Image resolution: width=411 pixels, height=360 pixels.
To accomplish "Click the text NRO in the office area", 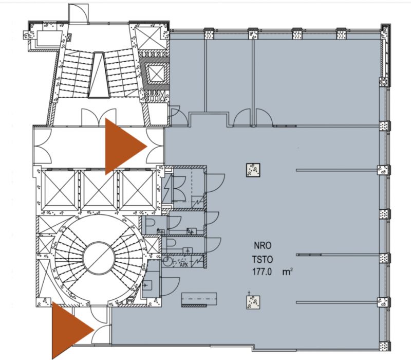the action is [263, 246].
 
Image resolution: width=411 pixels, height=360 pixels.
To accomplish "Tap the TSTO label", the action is [263, 260].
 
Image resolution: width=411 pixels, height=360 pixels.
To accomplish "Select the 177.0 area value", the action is [261, 272].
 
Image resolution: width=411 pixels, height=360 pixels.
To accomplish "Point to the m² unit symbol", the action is [288, 272].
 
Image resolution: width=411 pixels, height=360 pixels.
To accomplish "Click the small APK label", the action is [184, 265].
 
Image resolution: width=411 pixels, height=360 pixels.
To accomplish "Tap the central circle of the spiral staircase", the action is [99, 258].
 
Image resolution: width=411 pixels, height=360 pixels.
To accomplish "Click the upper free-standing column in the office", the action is [253, 170].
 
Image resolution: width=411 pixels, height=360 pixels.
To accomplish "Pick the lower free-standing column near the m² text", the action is [253, 302].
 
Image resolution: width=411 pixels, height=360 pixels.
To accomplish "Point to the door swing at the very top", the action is [79, 14].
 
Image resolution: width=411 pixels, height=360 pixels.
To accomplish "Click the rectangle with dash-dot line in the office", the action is [199, 299].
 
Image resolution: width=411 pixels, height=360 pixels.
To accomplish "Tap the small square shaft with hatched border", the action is [155, 73].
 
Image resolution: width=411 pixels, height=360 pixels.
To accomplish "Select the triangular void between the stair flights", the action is [99, 75].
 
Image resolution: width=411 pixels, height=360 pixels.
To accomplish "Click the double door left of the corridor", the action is [43, 146].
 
